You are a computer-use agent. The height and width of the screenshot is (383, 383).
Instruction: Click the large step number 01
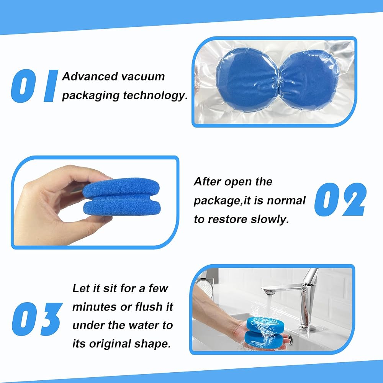35,86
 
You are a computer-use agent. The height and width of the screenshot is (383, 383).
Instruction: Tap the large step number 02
340,199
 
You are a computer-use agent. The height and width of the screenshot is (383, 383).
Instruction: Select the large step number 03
37,319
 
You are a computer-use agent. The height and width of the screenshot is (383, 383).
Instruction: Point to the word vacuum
143,77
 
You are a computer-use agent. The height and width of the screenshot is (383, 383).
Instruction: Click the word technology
155,95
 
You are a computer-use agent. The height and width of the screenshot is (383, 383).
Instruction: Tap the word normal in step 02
286,201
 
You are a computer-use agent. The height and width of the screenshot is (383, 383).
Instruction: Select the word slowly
270,219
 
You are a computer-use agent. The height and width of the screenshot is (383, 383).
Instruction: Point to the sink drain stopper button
290,339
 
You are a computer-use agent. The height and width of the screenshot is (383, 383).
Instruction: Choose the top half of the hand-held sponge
121,187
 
